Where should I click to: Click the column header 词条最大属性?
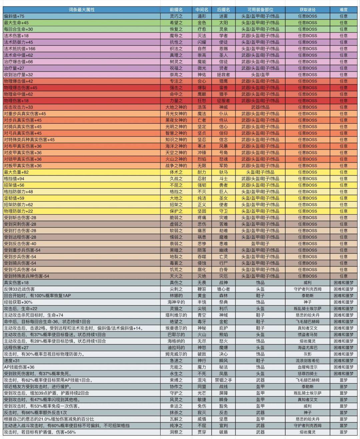pyautogui.click(x=82, y=10)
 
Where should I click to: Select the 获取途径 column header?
pyautogui.click(x=307, y=10)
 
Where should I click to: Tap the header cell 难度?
pyautogui.click(x=344, y=10)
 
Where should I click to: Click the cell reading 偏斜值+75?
pyautogui.click(x=14, y=16)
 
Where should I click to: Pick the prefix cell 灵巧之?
pyautogui.click(x=176, y=16)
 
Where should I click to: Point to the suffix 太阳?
pyautogui.click(x=223, y=23)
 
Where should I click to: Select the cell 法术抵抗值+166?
pyautogui.click(x=20, y=49)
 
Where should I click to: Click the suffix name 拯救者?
pyautogui.click(x=223, y=75)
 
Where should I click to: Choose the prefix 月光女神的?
pyautogui.click(x=176, y=114)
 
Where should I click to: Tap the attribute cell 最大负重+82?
pyautogui.click(x=16, y=172)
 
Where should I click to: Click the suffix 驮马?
pyautogui.click(x=223, y=172)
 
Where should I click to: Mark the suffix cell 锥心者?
pyautogui.click(x=223, y=289)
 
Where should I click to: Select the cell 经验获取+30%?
pyautogui.click(x=18, y=302)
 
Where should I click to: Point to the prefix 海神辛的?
pyautogui.click(x=176, y=302)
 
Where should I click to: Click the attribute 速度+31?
pyautogui.click(x=12, y=361)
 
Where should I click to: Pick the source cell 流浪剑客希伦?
pyautogui.click(x=307, y=361)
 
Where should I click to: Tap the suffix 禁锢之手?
pyautogui.click(x=223, y=380)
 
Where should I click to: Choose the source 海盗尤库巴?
pyautogui.click(x=307, y=348)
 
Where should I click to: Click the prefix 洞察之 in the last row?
pyautogui.click(x=176, y=432)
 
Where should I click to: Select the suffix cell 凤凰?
pyautogui.click(x=223, y=374)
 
